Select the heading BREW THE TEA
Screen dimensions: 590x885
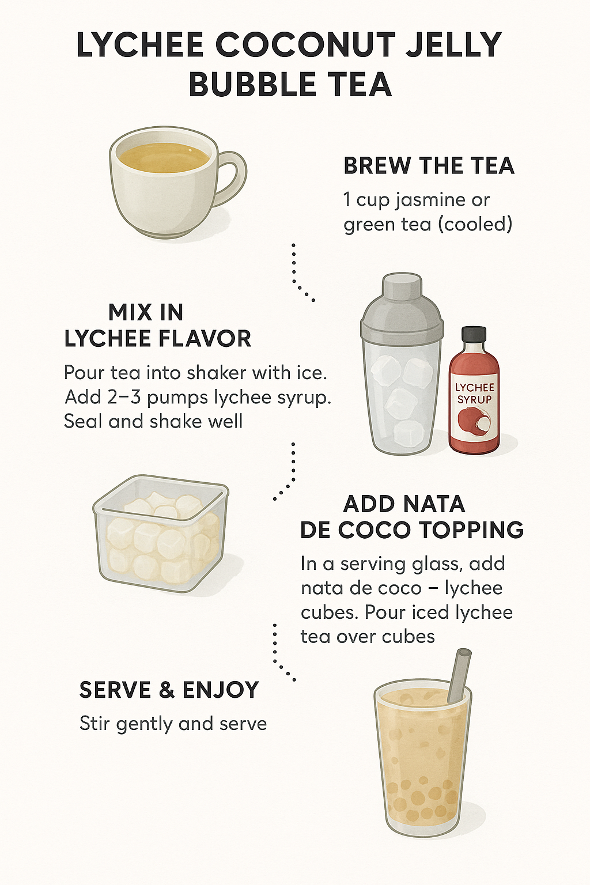[x=429, y=165]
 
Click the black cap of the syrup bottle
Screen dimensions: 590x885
[x=474, y=336]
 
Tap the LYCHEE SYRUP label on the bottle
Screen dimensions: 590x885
[x=474, y=394]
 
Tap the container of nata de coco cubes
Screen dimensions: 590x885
[x=161, y=534]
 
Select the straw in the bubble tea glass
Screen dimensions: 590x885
[x=461, y=675]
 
